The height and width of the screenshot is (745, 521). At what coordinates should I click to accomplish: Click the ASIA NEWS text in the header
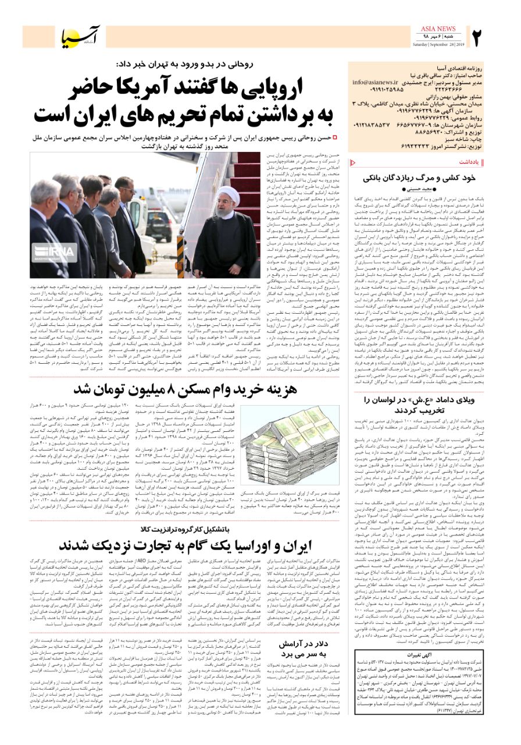coord(437,29)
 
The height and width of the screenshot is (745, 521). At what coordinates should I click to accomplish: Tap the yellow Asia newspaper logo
coord(82,37)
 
